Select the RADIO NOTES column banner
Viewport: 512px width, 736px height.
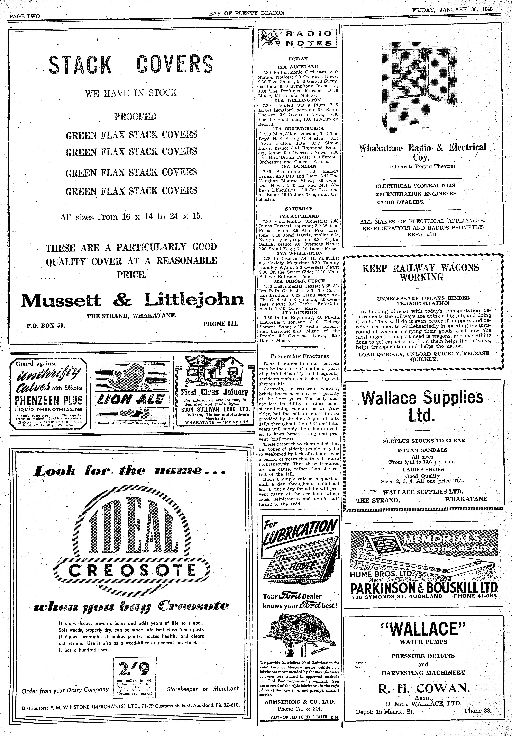[298, 38]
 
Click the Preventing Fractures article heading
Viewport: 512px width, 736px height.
[299, 356]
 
